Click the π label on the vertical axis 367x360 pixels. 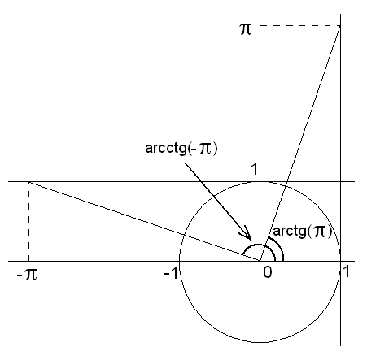coord(247,29)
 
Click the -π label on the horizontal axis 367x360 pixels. coord(27,275)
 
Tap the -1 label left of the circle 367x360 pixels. coord(171,273)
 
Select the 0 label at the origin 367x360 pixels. coord(268,272)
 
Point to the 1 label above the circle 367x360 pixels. coord(254,169)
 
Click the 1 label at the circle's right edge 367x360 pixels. coord(347,271)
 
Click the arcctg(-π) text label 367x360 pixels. coord(181,149)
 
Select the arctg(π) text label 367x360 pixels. coord(303,232)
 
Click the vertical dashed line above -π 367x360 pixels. coord(28,221)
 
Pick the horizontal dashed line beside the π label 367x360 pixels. coord(300,25)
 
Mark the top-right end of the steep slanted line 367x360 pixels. coord(340,26)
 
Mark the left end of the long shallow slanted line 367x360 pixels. coord(29,182)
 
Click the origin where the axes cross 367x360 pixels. coord(260,261)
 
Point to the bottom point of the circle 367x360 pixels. coord(260,342)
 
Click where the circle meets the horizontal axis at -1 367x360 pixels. coord(179,261)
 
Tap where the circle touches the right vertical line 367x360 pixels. coord(340,261)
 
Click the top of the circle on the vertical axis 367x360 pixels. coord(260,181)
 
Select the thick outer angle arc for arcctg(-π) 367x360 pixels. coord(258,245)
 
